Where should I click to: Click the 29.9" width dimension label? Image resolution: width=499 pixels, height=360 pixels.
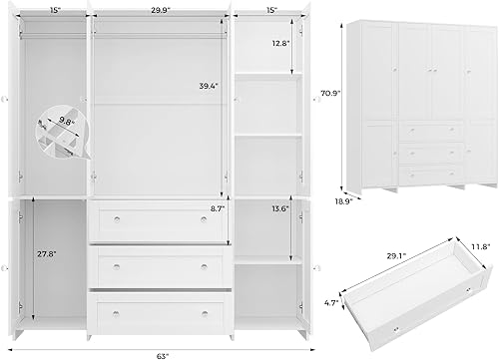click(161, 9)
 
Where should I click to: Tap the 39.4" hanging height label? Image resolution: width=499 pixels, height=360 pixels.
click(208, 87)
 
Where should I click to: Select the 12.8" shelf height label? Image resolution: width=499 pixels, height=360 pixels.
click(279, 43)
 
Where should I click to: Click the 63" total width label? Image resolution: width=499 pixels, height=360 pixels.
click(162, 351)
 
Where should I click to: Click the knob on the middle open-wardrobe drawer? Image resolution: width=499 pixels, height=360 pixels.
click(119, 264)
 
